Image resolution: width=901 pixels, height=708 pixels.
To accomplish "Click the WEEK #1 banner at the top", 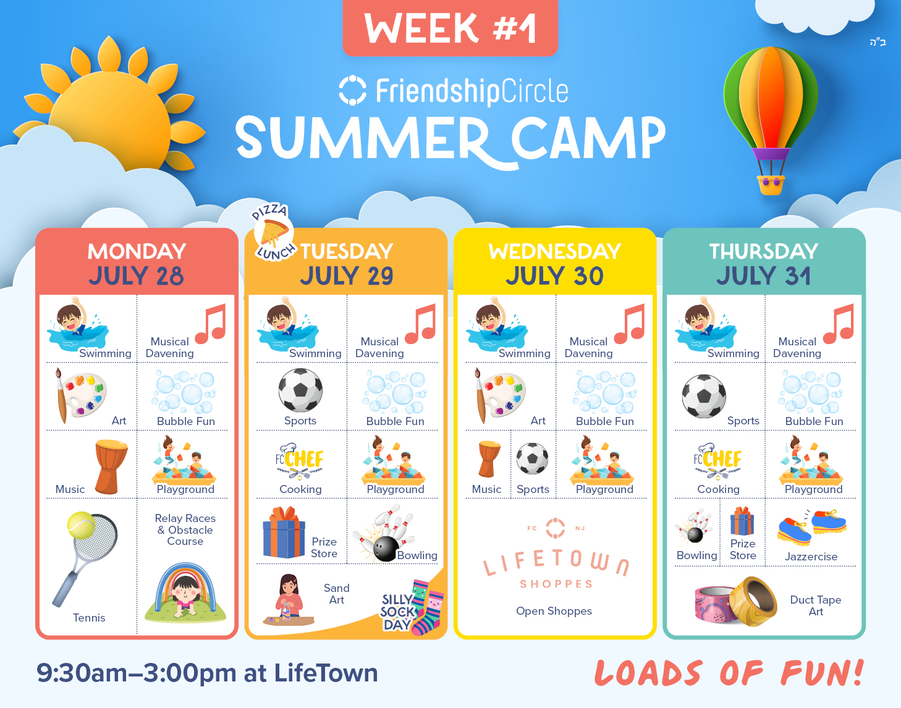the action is pyautogui.click(x=451, y=27).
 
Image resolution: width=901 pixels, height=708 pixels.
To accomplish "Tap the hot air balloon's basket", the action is pyautogui.click(x=771, y=185).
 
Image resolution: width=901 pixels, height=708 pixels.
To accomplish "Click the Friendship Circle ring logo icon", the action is pyautogui.click(x=352, y=90).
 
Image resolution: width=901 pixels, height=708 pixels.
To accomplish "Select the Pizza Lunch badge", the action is pyautogui.click(x=274, y=232).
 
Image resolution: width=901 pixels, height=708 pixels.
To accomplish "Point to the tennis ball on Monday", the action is pyautogui.click(x=82, y=525).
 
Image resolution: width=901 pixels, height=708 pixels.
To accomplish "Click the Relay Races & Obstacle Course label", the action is pyautogui.click(x=185, y=529).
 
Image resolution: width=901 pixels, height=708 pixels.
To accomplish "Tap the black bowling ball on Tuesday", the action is pyautogui.click(x=386, y=549).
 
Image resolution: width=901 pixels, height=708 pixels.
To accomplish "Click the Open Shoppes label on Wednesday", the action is pyautogui.click(x=554, y=611).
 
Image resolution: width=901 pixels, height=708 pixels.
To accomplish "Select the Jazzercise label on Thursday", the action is pyautogui.click(x=811, y=556).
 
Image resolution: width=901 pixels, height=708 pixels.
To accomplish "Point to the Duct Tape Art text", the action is pyautogui.click(x=816, y=605).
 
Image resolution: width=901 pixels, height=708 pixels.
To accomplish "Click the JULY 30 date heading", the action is pyautogui.click(x=554, y=276).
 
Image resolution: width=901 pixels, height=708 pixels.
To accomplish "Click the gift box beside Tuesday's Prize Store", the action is pyautogui.click(x=284, y=533).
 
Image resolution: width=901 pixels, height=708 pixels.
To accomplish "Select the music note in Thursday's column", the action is pyautogui.click(x=839, y=324).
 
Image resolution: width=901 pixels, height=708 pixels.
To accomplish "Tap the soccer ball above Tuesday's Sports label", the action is pyautogui.click(x=300, y=390).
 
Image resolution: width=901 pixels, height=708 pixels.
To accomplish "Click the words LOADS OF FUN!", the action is pyautogui.click(x=729, y=673).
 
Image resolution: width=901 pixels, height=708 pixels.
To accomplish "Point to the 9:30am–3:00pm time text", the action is pyautogui.click(x=137, y=673).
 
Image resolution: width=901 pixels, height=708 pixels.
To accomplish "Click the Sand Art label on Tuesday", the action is pyautogui.click(x=337, y=594).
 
